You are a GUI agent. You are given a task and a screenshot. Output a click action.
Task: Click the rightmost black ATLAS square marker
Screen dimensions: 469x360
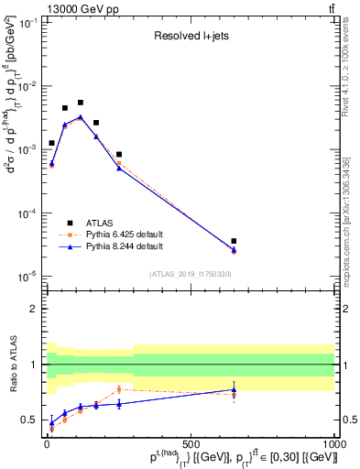pyautogui.click(x=235, y=241)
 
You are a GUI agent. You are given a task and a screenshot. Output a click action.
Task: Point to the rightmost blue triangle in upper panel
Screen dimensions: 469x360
pyautogui.click(x=235, y=250)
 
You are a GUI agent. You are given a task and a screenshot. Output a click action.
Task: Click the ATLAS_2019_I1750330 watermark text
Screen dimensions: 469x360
pyautogui.click(x=190, y=274)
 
